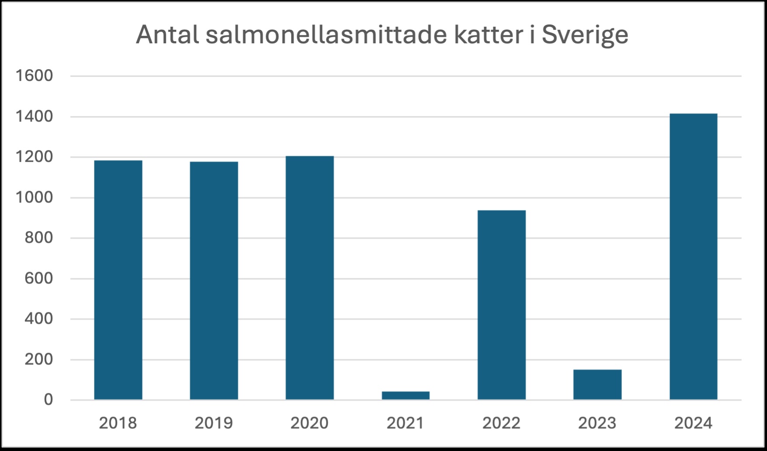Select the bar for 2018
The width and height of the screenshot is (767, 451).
click(118, 280)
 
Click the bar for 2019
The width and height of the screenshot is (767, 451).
click(214, 280)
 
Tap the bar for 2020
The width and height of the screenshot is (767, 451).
click(309, 278)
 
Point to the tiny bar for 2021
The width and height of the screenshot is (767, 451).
click(406, 395)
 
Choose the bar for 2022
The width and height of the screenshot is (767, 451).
click(501, 305)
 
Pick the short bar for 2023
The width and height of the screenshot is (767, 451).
click(597, 385)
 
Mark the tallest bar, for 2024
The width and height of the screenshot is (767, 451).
click(693, 256)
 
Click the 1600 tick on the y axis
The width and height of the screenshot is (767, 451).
click(34, 76)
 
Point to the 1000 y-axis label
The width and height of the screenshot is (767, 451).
click(34, 198)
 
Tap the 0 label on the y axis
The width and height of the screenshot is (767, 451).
click(48, 400)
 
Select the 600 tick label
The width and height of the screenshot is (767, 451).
click(38, 279)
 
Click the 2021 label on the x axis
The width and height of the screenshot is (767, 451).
click(405, 423)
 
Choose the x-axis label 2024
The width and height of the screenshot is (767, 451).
click(693, 423)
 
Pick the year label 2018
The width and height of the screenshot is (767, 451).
click(118, 423)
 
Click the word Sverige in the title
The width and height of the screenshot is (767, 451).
click(585, 35)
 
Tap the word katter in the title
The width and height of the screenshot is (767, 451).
click(488, 35)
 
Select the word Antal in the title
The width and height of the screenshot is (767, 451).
click(167, 35)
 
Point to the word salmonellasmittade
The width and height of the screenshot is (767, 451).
click(326, 35)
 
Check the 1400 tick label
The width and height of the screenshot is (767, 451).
click(34, 117)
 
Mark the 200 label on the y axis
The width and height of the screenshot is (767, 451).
click(38, 360)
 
